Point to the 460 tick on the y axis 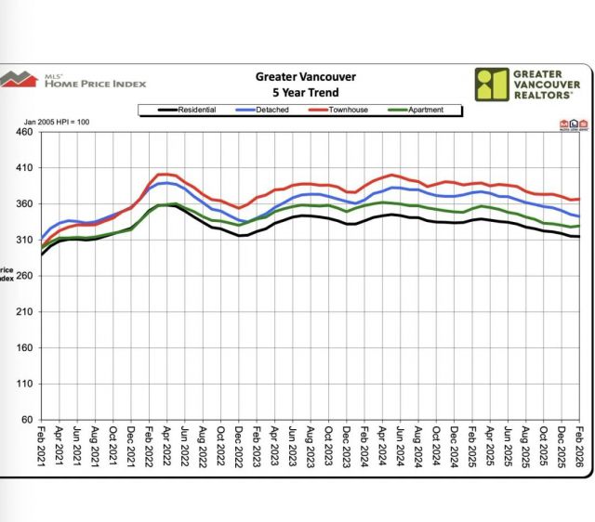click(x=23, y=133)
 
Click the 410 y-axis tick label click(x=23, y=168)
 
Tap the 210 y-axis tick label click(x=23, y=312)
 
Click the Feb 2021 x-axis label click(x=42, y=446)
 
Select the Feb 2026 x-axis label click(x=578, y=446)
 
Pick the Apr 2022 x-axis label click(x=167, y=446)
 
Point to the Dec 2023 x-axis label click(x=346, y=446)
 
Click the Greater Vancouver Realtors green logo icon click(x=490, y=84)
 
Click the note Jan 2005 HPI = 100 click(x=56, y=123)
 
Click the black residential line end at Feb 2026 click(x=578, y=237)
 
